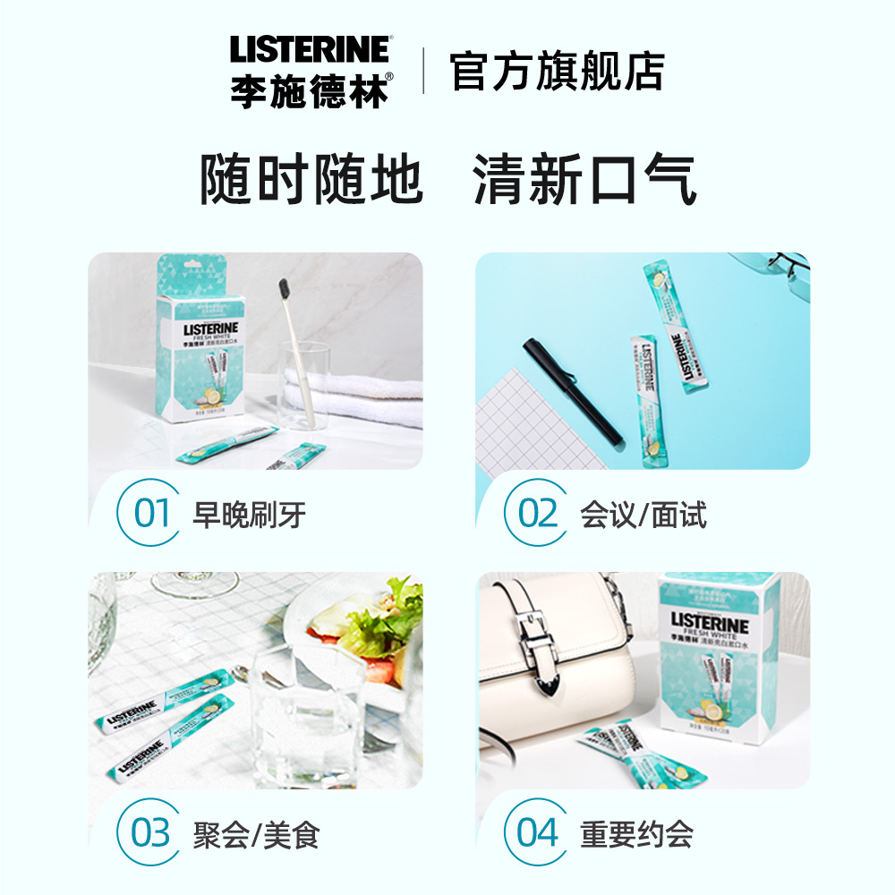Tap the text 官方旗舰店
pyautogui.click(x=557, y=72)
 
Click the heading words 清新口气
pyautogui.click(x=584, y=180)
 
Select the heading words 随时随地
pyautogui.click(x=311, y=180)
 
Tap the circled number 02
pyautogui.click(x=537, y=514)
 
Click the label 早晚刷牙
pyautogui.click(x=249, y=515)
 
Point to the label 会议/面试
pyautogui.click(x=643, y=515)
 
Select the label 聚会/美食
pyautogui.click(x=256, y=834)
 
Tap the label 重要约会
pyautogui.click(x=636, y=834)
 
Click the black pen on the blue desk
pyautogui.click(x=573, y=389)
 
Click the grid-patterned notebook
pyautogui.click(x=528, y=421)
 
